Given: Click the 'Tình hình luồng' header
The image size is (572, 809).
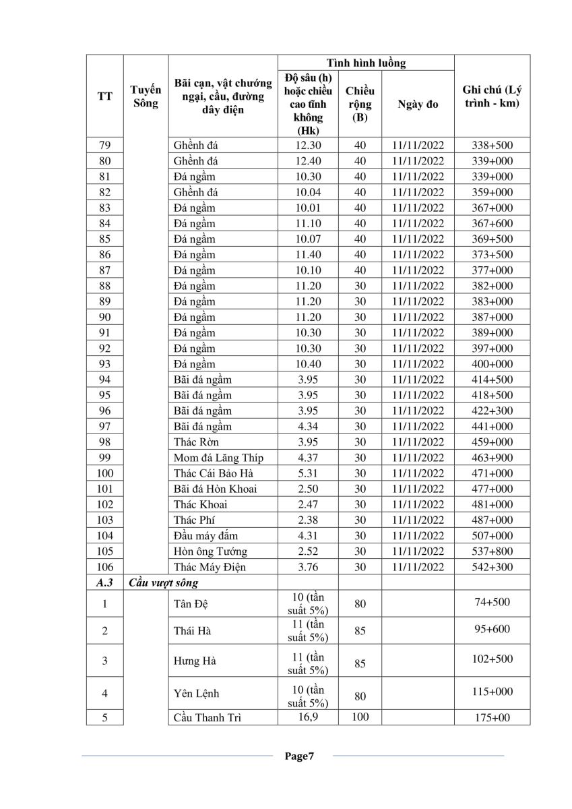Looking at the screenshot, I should click(366, 63).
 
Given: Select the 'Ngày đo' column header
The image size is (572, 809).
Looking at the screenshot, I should click(418, 104).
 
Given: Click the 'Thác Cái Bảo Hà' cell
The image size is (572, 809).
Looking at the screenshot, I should click(213, 473).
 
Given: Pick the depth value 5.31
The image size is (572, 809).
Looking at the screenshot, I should click(307, 473).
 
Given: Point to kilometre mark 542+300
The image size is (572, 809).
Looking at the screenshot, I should click(492, 567).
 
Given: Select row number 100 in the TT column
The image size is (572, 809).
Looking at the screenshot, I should click(104, 473).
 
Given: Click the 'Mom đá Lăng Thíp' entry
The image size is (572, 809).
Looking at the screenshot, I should click(218, 458).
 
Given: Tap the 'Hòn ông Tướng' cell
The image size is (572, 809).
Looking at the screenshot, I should click(210, 551).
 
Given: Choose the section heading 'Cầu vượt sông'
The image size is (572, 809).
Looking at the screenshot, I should click(164, 582).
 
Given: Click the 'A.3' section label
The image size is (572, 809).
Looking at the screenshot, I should click(104, 582).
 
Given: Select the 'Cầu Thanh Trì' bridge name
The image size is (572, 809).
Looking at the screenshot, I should click(208, 717).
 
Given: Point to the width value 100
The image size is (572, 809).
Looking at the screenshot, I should click(360, 717).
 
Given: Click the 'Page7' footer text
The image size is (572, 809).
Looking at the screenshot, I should click(299, 756).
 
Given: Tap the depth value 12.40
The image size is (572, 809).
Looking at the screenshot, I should click(307, 161).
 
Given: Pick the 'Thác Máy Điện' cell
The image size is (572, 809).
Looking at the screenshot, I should click(210, 567).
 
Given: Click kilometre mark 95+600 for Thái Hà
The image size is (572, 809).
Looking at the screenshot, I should click(492, 629).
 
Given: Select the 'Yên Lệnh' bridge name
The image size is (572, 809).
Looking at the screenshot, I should click(196, 693).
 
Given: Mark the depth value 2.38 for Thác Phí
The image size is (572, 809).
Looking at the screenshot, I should click(307, 520).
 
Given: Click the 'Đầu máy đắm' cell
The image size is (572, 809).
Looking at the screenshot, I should click(206, 536).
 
